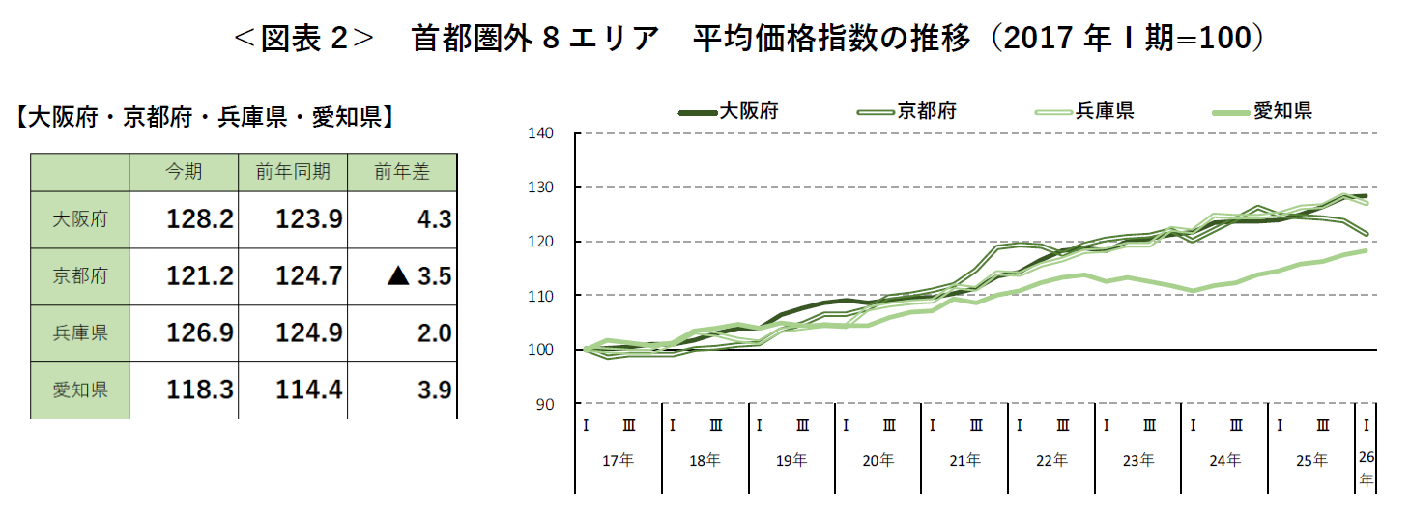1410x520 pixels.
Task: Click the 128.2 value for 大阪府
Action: click(200, 219)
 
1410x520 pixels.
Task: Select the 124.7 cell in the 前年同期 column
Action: click(309, 276)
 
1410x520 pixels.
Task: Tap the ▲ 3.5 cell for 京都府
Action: click(418, 276)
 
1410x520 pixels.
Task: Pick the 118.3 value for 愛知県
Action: click(200, 390)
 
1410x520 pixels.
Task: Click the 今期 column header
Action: click(184, 172)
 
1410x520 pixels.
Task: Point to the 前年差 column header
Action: click(402, 172)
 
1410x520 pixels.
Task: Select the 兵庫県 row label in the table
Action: click(80, 333)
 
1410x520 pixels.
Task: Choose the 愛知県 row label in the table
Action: click(80, 390)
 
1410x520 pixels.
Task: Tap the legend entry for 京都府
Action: click(927, 111)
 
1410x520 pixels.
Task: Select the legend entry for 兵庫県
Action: click(1105, 111)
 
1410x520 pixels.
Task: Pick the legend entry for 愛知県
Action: click(1282, 111)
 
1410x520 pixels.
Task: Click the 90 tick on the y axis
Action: click(545, 404)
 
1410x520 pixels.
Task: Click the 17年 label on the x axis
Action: click(618, 461)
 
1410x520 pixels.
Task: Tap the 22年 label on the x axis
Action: click(1051, 461)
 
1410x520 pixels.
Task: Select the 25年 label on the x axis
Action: click(1311, 461)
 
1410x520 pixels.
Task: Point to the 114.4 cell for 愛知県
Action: click(309, 390)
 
